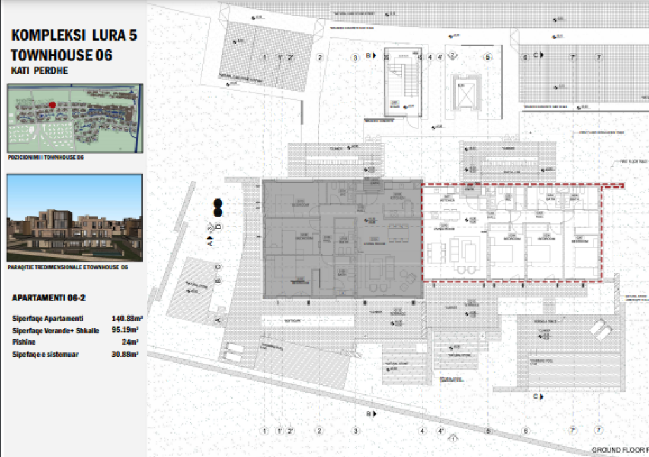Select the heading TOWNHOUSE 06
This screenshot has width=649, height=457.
tap(61, 55)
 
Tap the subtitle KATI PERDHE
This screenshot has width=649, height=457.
tap(39, 70)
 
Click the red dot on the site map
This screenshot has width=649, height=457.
tap(53, 106)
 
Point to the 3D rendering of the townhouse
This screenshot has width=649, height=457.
tap(75, 219)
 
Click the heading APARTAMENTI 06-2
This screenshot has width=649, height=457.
tap(49, 297)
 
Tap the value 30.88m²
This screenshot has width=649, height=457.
tap(125, 354)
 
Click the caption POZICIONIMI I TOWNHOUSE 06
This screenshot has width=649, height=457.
tap(46, 156)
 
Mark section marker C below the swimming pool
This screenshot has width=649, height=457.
tap(536, 396)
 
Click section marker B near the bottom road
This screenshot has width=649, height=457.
tap(369, 415)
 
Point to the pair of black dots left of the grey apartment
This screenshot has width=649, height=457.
tap(217, 207)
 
